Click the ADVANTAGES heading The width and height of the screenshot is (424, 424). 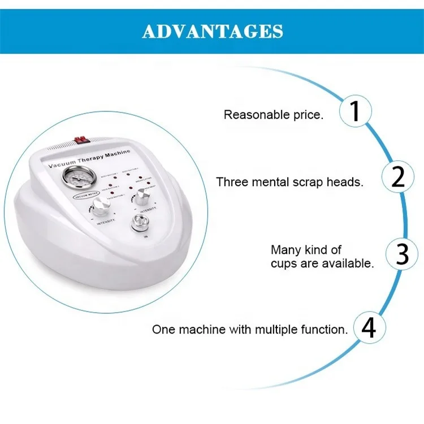[212, 31]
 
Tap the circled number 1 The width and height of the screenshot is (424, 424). [355, 111]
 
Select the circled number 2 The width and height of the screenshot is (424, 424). [398, 178]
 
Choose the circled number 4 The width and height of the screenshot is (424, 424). [369, 328]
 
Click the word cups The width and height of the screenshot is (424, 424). [284, 263]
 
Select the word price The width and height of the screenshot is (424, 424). [310, 115]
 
